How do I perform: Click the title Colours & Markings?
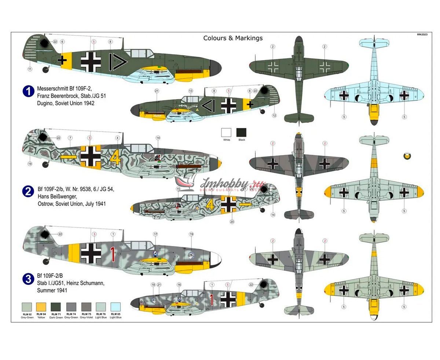233,38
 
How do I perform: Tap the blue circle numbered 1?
28,91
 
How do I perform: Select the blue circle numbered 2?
28,191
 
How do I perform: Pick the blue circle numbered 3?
28,279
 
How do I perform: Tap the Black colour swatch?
241,132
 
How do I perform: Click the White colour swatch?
227,132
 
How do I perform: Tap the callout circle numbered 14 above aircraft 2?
158,138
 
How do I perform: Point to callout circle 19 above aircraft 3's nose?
191,234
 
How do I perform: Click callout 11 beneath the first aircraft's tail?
30,69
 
